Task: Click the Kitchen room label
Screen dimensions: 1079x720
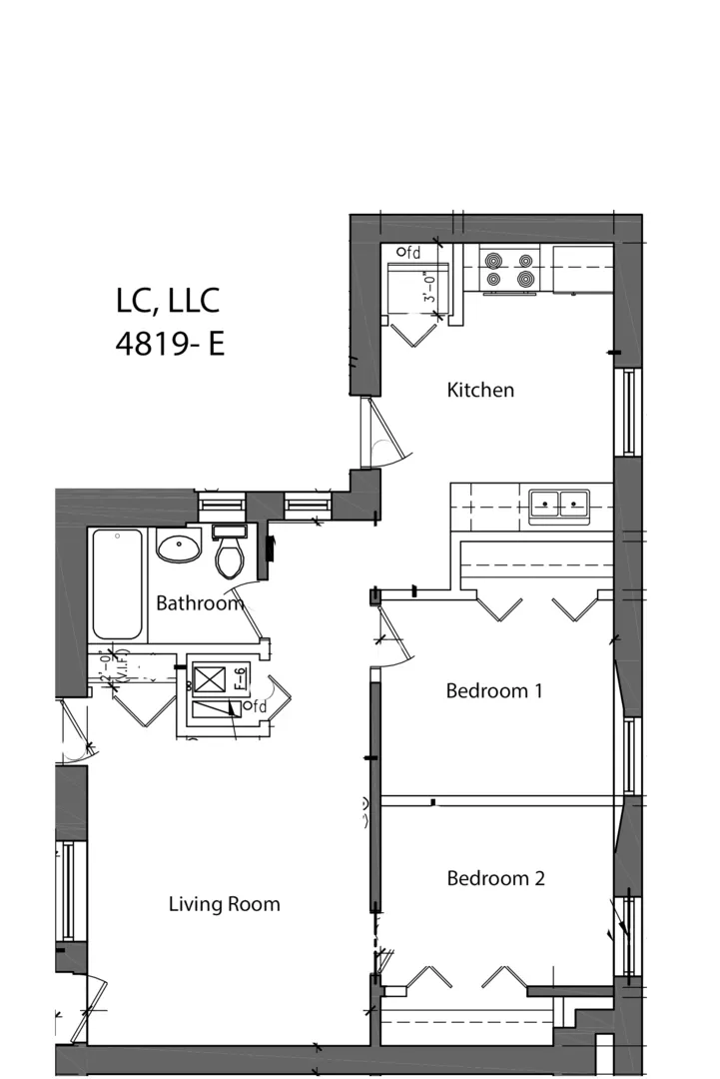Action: (x=479, y=391)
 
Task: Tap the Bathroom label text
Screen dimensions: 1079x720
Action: (x=199, y=603)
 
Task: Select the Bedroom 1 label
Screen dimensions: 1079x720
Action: (x=493, y=690)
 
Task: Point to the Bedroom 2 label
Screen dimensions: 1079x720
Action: (x=495, y=878)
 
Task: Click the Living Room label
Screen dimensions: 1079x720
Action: (x=224, y=904)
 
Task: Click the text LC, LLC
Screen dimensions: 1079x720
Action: (x=168, y=299)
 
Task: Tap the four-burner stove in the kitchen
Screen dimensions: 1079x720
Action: (x=509, y=269)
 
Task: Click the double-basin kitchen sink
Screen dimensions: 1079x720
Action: (x=558, y=504)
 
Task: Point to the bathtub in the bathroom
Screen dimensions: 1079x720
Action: (x=117, y=584)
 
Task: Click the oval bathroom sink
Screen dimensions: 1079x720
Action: (x=179, y=546)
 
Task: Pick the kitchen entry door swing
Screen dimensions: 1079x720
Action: (x=383, y=433)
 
